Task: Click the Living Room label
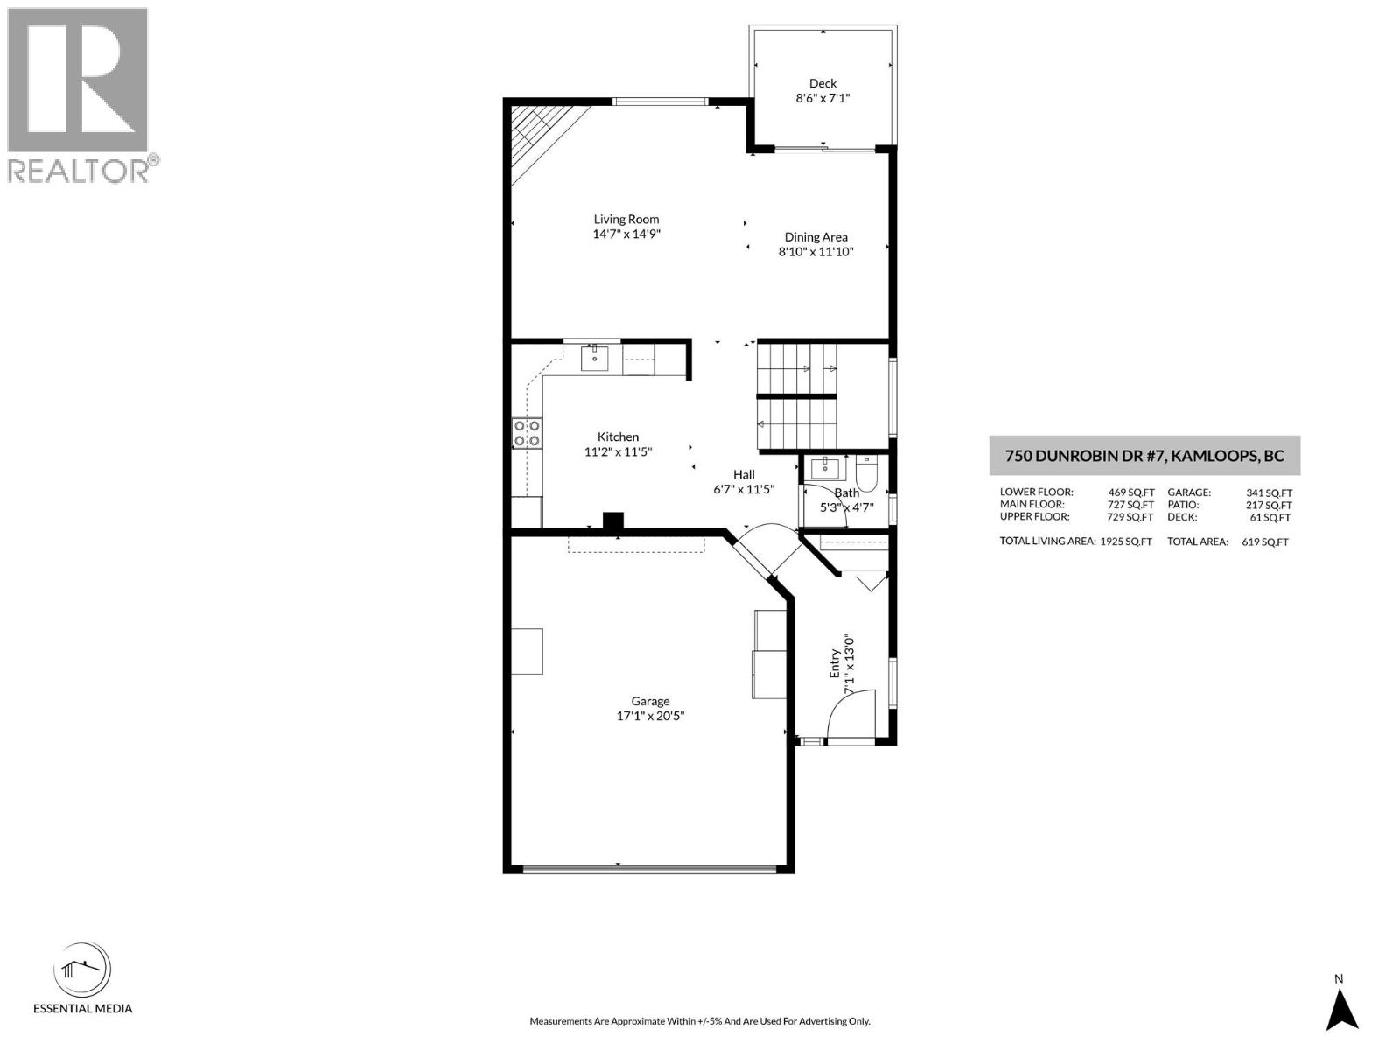click(626, 220)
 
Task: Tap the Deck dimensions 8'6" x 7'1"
click(822, 99)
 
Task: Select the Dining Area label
click(815, 237)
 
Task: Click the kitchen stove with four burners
click(527, 433)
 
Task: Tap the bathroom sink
click(824, 468)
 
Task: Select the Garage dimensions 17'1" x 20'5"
click(650, 716)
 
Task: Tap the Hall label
click(744, 474)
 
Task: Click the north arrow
click(1340, 1006)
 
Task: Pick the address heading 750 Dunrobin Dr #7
click(1144, 456)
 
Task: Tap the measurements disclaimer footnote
click(699, 1021)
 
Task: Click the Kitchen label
click(618, 437)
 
